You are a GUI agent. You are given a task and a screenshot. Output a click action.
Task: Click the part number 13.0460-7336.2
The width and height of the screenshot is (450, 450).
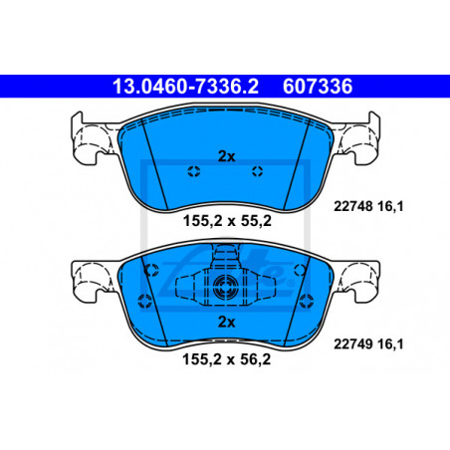(185, 87)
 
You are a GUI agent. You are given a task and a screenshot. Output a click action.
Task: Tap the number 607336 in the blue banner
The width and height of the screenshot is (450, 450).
(318, 87)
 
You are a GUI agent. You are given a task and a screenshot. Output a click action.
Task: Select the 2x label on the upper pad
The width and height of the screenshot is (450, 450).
(226, 156)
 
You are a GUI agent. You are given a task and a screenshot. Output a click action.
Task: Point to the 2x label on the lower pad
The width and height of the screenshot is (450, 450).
(226, 322)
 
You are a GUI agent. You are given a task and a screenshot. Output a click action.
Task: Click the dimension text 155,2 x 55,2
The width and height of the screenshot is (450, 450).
(227, 221)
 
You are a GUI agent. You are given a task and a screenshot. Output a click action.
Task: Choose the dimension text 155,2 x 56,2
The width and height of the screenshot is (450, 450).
(227, 359)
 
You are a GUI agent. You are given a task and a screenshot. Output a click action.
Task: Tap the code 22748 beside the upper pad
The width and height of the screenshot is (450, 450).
(353, 206)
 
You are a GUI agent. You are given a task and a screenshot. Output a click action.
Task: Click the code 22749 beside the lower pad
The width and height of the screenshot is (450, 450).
(353, 344)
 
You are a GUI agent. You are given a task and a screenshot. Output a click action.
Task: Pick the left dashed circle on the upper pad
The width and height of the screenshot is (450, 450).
(194, 171)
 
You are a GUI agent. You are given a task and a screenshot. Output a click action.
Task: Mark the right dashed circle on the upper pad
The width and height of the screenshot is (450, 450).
(257, 171)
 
